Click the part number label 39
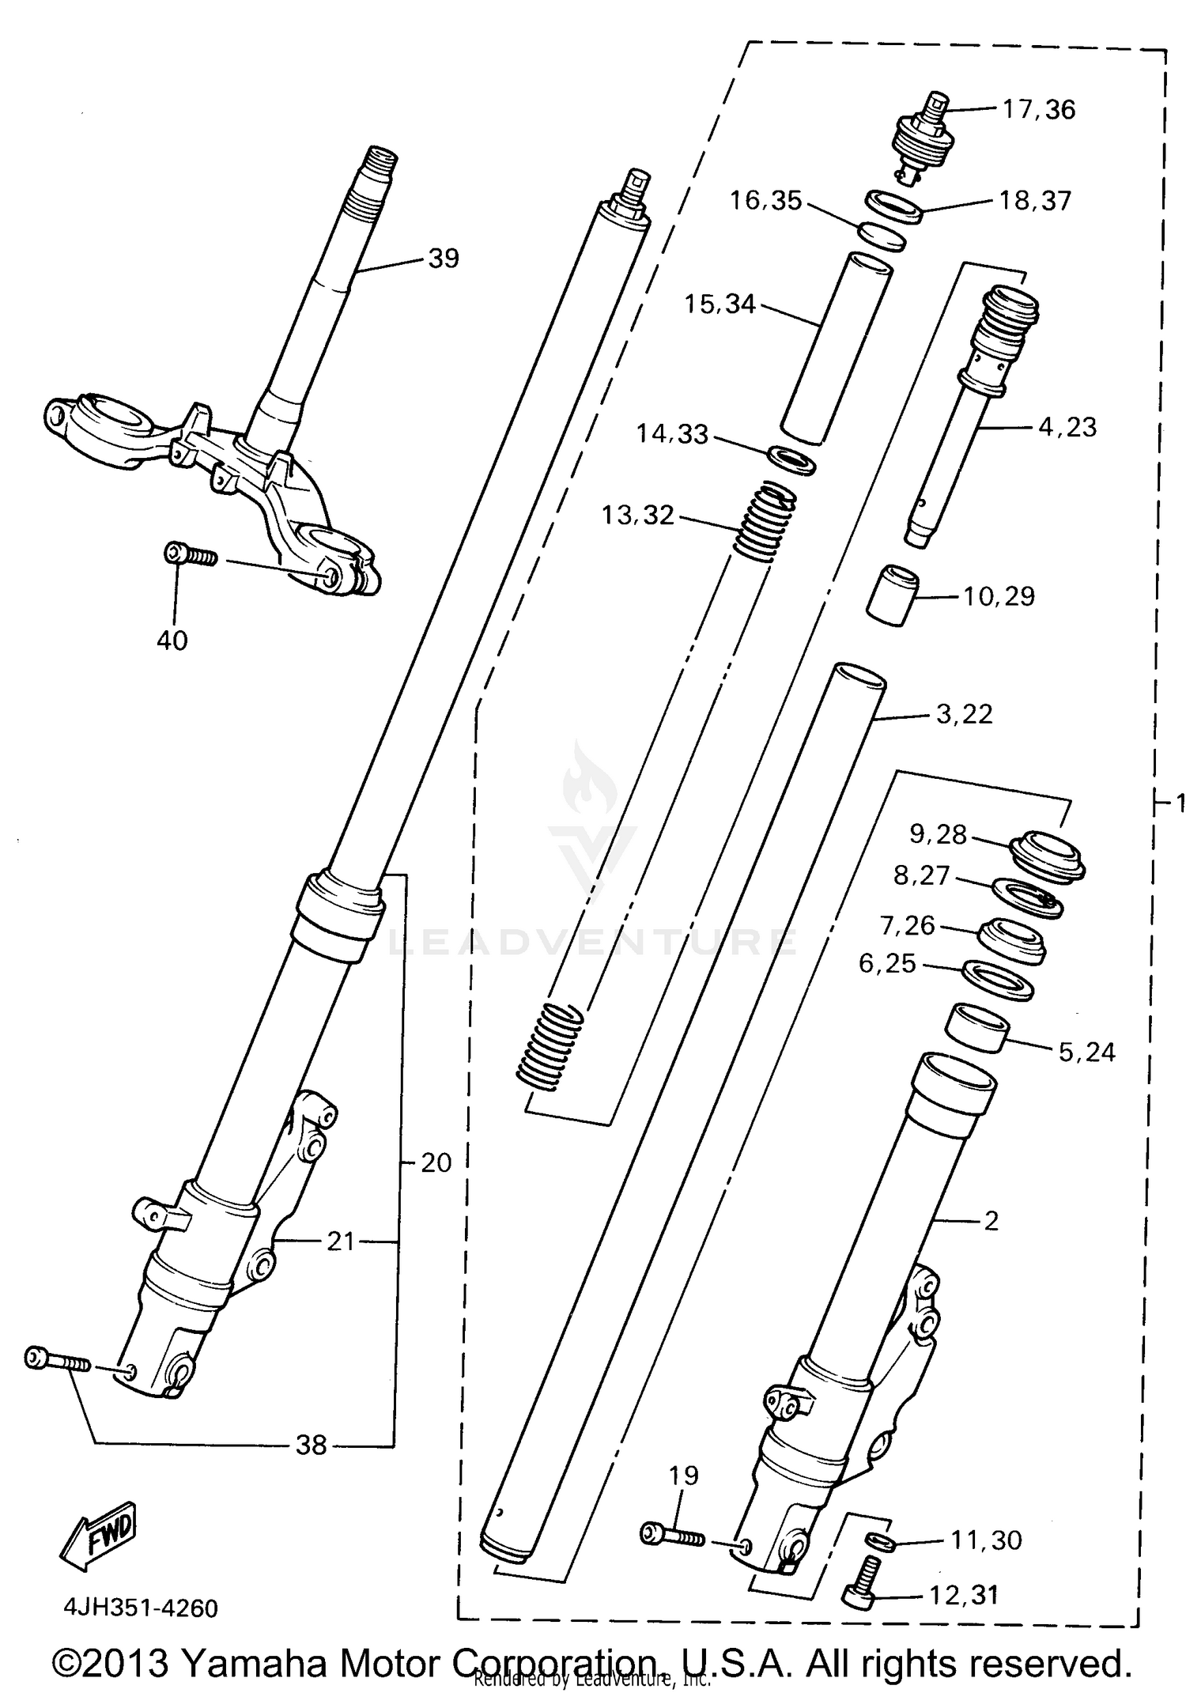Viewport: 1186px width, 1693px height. coord(443,259)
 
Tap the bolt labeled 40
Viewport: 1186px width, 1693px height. coord(190,555)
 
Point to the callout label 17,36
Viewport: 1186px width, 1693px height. coord(1039,109)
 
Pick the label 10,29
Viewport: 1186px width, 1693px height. coord(999,595)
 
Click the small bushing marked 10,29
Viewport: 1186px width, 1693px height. coord(892,595)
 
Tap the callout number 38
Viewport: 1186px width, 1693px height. coord(311,1445)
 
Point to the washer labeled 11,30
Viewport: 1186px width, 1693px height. coord(880,1541)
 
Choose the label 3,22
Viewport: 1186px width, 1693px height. coord(964,714)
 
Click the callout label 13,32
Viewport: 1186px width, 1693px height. coord(637,516)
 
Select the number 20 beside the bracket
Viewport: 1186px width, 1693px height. coord(436,1162)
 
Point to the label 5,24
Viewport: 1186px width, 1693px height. coord(1086,1052)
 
